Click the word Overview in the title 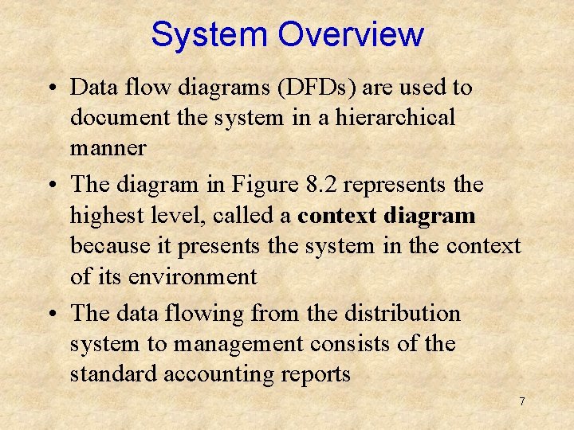coord(351,35)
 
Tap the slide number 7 coord(521,401)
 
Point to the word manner coord(108,148)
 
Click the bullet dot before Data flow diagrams coord(51,88)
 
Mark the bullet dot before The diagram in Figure coord(51,186)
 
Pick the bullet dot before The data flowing coord(51,315)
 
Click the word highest coord(101,216)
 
